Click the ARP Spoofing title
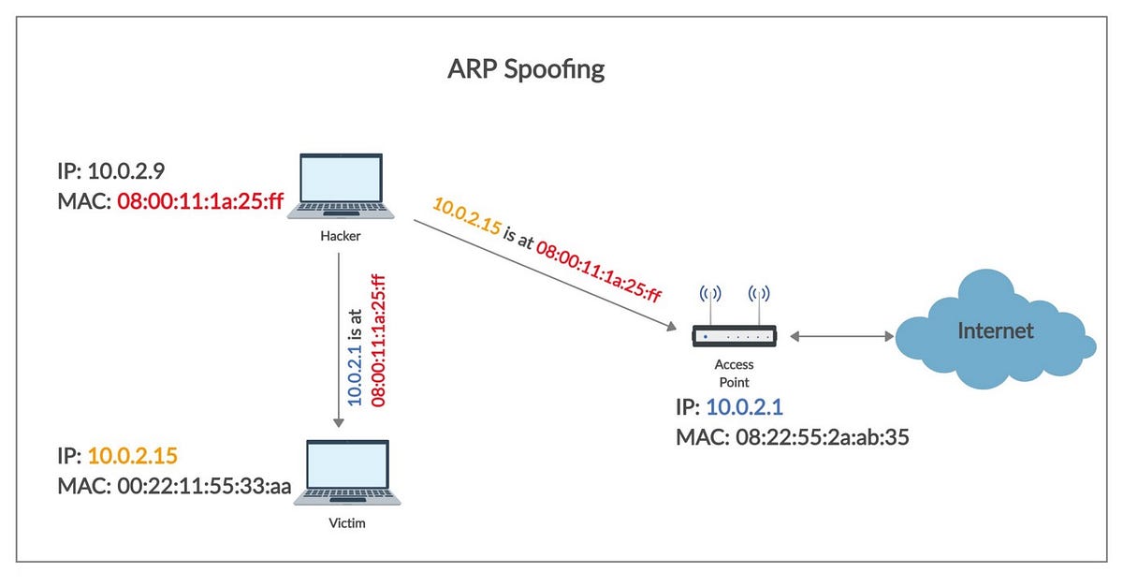point(526,70)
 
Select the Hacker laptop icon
point(339,187)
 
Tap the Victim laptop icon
point(347,473)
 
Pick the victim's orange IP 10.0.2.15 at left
point(132,456)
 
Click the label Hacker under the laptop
point(339,238)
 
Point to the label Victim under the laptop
point(347,523)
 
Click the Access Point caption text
point(734,374)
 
